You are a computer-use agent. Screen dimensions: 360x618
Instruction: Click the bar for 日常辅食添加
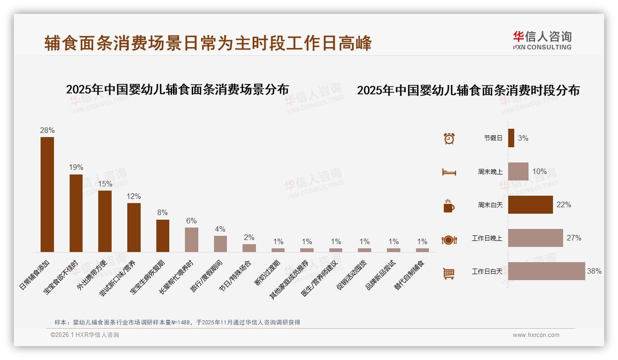tap(47, 194)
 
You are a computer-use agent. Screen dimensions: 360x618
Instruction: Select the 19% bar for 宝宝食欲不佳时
tap(76, 213)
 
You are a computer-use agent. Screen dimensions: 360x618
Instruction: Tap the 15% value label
tap(105, 184)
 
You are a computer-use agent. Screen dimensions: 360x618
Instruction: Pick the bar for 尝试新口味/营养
tap(134, 227)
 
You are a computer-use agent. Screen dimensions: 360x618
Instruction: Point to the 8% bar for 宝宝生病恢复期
tap(163, 235)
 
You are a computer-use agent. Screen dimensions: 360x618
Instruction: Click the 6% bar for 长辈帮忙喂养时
tap(191, 240)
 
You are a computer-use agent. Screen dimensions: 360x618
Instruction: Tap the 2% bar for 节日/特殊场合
tap(249, 248)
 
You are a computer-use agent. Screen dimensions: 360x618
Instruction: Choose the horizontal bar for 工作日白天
tap(546, 271)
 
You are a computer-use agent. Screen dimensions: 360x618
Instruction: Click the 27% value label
tap(574, 238)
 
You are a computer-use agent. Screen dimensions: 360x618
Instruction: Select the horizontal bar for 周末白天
tap(530, 205)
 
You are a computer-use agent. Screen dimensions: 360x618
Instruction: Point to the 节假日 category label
tap(493, 138)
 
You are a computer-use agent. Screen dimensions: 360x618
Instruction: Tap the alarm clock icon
tap(449, 138)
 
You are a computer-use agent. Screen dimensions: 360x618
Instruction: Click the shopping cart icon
tap(449, 273)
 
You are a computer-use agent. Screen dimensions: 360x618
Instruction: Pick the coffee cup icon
tap(449, 206)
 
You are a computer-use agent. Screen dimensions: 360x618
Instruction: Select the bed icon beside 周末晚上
tap(449, 172)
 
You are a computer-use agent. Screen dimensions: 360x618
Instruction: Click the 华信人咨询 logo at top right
tap(542, 40)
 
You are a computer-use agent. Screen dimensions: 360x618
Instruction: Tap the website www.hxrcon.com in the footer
tap(536, 335)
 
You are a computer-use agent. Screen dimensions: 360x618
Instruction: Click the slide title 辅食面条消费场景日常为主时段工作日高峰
tap(208, 43)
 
